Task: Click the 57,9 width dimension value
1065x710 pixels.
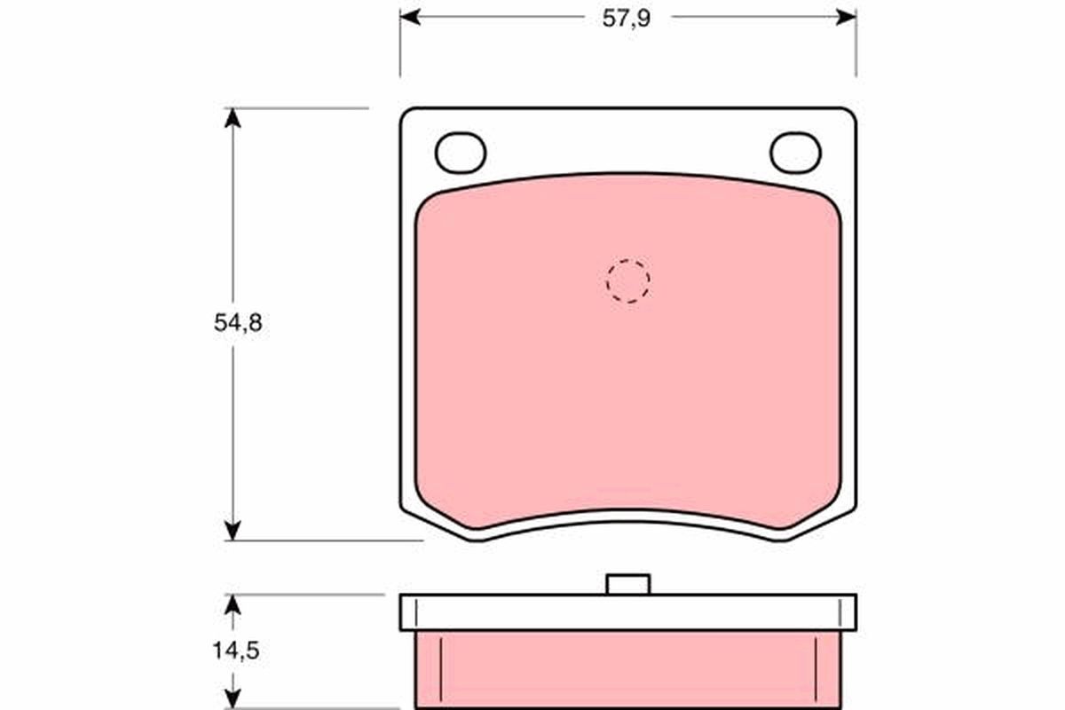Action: [x=627, y=19]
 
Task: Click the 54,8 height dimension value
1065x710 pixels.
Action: [x=237, y=324]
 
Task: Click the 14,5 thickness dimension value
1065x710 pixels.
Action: [x=236, y=651]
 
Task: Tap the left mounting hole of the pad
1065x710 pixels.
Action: [x=461, y=153]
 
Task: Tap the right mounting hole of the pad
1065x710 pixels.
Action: [x=795, y=153]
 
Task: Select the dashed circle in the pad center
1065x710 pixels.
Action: [x=627, y=281]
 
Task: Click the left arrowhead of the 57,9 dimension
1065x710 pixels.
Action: [x=408, y=17]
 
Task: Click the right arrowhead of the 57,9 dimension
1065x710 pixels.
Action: [x=847, y=17]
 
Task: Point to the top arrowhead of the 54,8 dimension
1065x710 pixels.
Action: [x=233, y=117]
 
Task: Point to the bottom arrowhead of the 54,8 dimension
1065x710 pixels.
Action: [x=233, y=531]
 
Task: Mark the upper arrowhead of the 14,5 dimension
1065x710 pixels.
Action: [x=233, y=603]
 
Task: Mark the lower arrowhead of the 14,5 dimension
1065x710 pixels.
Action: [x=233, y=699]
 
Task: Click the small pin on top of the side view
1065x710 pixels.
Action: [x=627, y=584]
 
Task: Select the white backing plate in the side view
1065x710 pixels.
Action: [x=627, y=612]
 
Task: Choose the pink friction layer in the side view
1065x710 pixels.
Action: [x=627, y=670]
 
